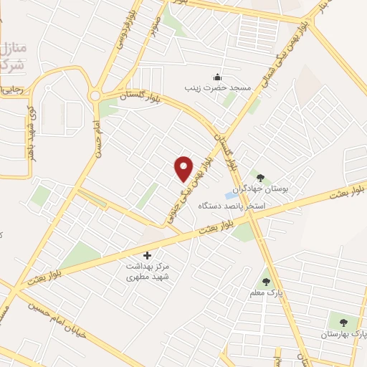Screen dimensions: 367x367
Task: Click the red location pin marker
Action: [184, 168]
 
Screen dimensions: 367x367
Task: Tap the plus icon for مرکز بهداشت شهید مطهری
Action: [148, 254]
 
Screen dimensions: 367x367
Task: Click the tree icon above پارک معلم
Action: [266, 282]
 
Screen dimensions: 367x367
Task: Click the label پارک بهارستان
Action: [341, 335]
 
